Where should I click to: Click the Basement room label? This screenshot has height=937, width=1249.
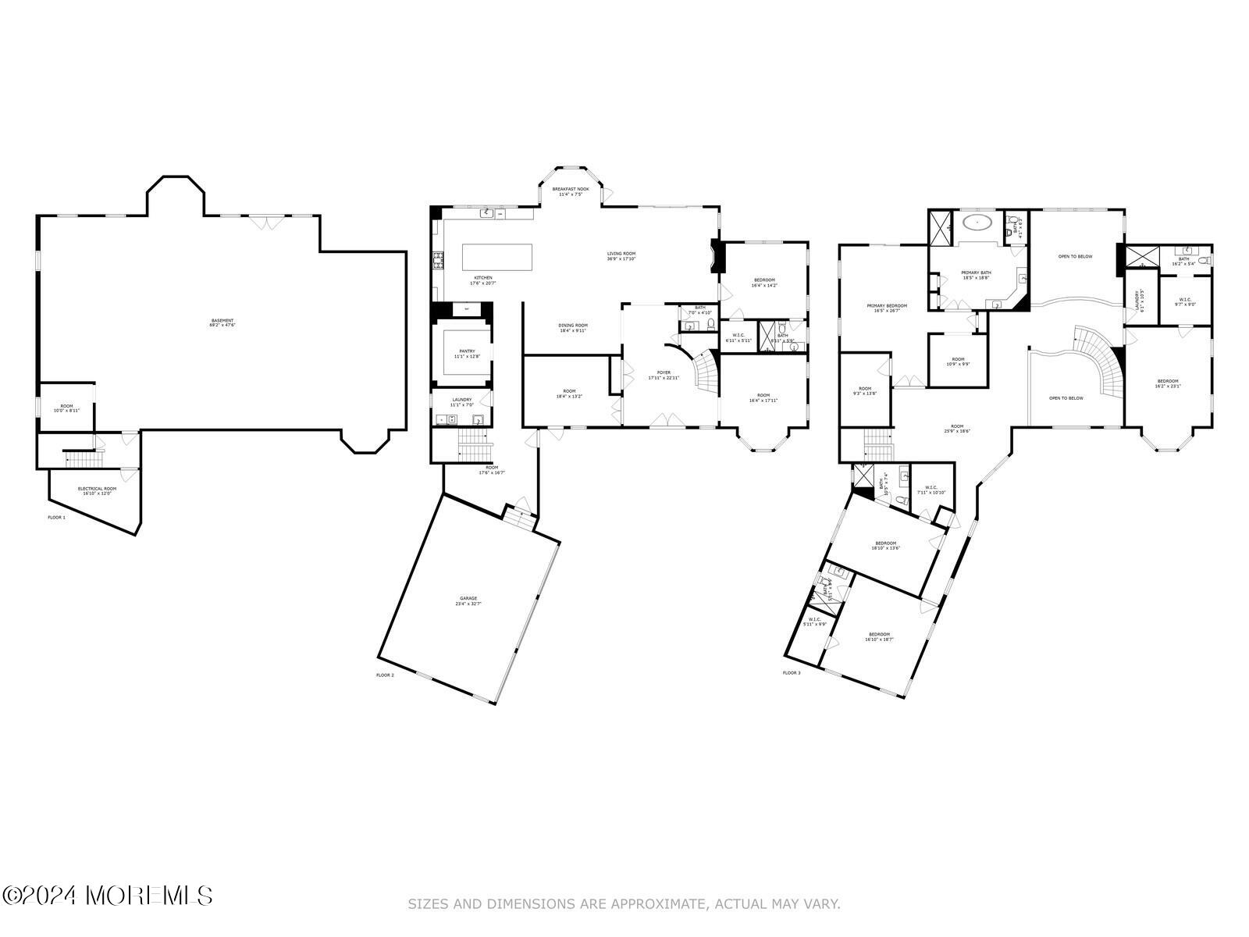coord(222,322)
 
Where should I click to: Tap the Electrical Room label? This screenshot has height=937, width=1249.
coord(97,490)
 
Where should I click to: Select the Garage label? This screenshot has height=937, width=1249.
coord(468,600)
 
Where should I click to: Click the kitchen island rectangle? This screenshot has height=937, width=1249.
coord(497,257)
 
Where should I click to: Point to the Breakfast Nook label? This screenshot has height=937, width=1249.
coord(571,191)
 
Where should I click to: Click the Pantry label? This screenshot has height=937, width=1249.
coord(467,354)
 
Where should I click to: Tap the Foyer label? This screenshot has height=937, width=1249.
coord(664,375)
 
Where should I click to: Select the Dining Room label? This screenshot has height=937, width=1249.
coord(572,327)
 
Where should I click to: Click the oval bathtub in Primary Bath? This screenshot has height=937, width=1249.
coord(977,223)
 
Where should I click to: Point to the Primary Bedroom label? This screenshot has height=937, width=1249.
coord(887,308)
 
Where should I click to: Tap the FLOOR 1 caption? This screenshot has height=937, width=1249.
coord(57,518)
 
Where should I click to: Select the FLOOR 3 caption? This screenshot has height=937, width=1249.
coord(792,672)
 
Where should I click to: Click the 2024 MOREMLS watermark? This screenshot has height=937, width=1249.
coord(107,895)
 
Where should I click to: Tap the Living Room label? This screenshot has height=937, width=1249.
coord(621,255)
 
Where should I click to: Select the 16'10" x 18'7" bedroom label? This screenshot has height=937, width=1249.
coord(879,636)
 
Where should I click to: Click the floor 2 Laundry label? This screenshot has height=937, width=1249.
coord(461,402)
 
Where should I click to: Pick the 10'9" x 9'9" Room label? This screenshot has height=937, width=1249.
coord(958,362)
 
